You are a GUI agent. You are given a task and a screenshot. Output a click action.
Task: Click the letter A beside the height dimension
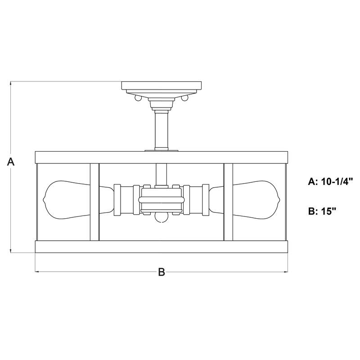pos(11,162)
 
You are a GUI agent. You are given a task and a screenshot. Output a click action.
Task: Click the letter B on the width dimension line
pos(162,272)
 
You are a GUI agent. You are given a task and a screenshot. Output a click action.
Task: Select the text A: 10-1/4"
pos(330,182)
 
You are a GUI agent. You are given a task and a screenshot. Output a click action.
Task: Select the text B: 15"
pos(322,211)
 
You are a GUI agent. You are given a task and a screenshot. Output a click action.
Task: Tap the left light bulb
pos(78,199)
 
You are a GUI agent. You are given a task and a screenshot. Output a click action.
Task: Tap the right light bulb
pos(244,199)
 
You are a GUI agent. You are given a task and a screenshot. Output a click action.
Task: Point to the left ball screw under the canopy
pos(138,98)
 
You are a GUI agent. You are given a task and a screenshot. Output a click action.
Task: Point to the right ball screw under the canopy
pos(184,98)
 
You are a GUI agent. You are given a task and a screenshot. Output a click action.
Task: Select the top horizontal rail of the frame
pos(162,157)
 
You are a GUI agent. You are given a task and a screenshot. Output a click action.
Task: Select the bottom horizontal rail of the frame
pos(162,247)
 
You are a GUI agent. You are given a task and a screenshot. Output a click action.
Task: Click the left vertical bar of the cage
pos(94,202)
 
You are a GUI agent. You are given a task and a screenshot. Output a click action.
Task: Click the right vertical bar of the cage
pos(228,202)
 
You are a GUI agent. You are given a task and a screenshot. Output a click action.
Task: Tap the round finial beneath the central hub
pos(162,218)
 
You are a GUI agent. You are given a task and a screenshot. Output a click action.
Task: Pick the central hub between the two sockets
pos(162,200)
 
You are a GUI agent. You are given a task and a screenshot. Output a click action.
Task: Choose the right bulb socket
pos(196,200)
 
